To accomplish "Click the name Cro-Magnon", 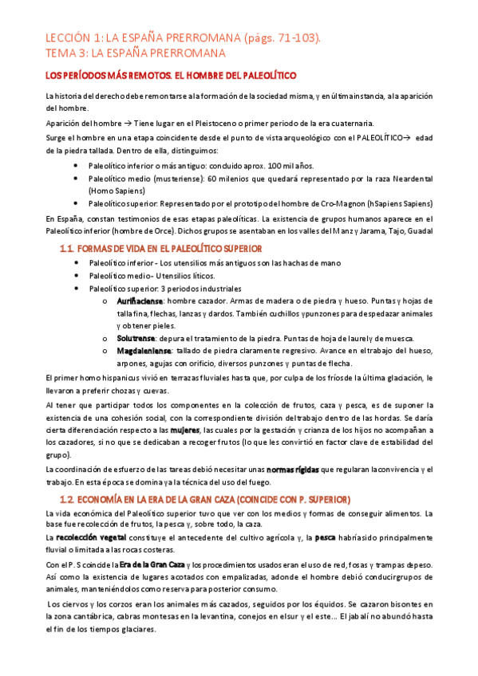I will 342,203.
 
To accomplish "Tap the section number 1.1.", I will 66,249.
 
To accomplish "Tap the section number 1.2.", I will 67,499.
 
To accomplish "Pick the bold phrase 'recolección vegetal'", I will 88,539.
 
